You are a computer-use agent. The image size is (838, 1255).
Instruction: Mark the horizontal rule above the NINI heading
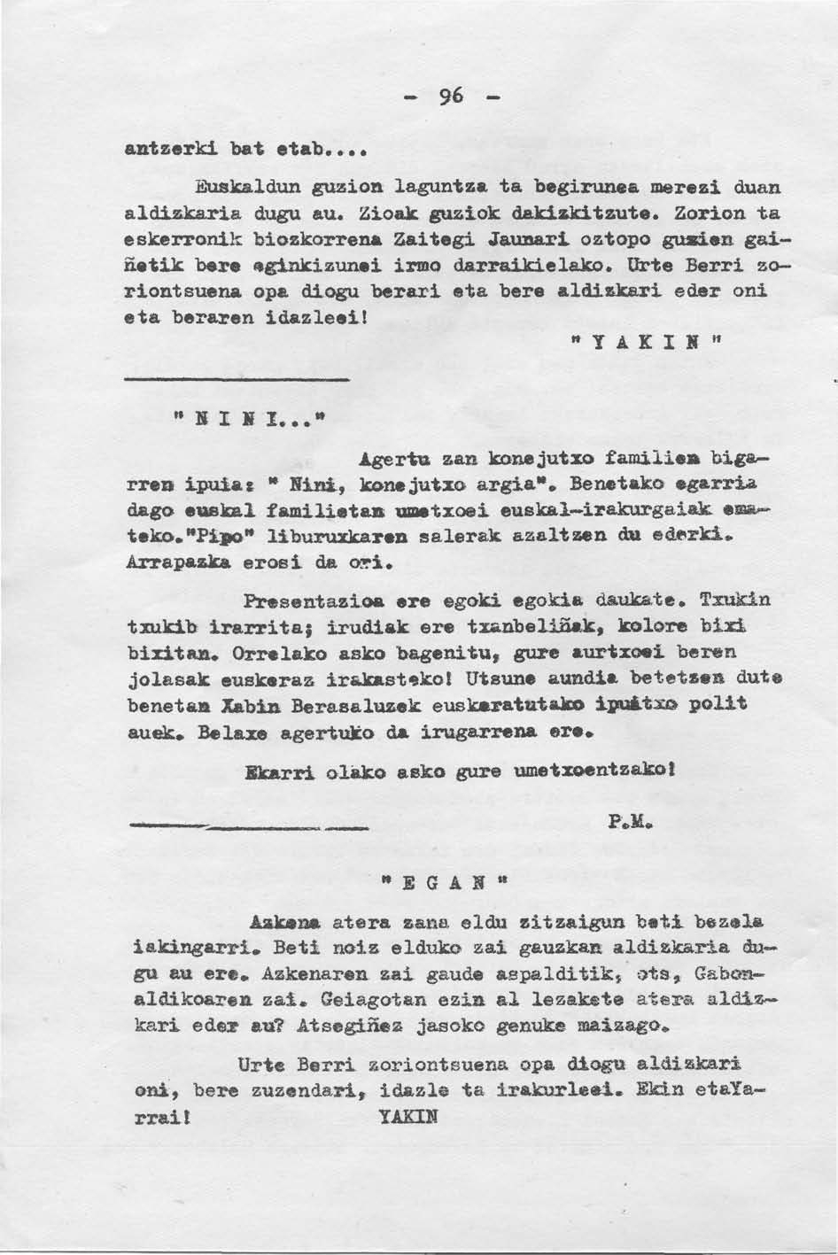pyautogui.click(x=236, y=379)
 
